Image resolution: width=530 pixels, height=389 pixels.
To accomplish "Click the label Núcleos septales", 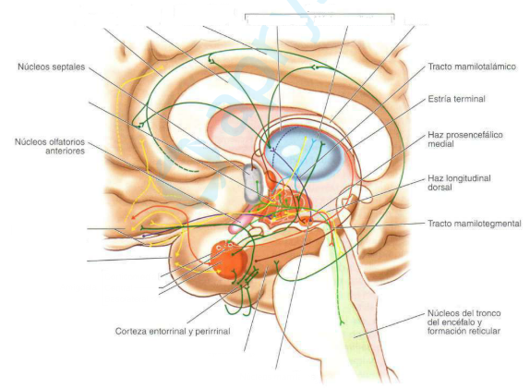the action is (x=52, y=67).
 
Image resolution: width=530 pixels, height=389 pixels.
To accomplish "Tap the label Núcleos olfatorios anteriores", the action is (x=50, y=147).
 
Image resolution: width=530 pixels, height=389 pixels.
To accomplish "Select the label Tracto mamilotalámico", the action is (x=472, y=67).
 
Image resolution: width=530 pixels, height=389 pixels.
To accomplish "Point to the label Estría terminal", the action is (x=456, y=99).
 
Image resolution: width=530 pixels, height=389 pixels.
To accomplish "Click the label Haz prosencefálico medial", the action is (x=465, y=140).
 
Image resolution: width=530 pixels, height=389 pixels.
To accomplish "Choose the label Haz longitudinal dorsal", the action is (x=459, y=183).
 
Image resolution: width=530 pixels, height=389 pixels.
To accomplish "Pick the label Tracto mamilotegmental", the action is (x=475, y=224).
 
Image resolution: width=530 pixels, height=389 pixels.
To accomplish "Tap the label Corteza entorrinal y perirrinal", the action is (x=173, y=331).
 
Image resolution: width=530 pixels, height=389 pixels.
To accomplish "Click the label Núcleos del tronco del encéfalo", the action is (x=464, y=318).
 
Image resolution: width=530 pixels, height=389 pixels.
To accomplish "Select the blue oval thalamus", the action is (x=304, y=152).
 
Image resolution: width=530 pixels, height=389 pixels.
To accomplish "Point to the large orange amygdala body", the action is (x=229, y=259).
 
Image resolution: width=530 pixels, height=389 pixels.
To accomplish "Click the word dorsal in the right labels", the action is (x=440, y=188).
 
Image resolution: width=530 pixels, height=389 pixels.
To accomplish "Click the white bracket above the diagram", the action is (x=319, y=14).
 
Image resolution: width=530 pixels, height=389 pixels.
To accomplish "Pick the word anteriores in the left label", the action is (x=66, y=152).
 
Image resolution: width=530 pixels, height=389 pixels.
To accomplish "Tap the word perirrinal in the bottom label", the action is (x=212, y=331).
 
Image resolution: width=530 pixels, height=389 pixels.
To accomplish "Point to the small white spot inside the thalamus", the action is (x=290, y=149).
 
